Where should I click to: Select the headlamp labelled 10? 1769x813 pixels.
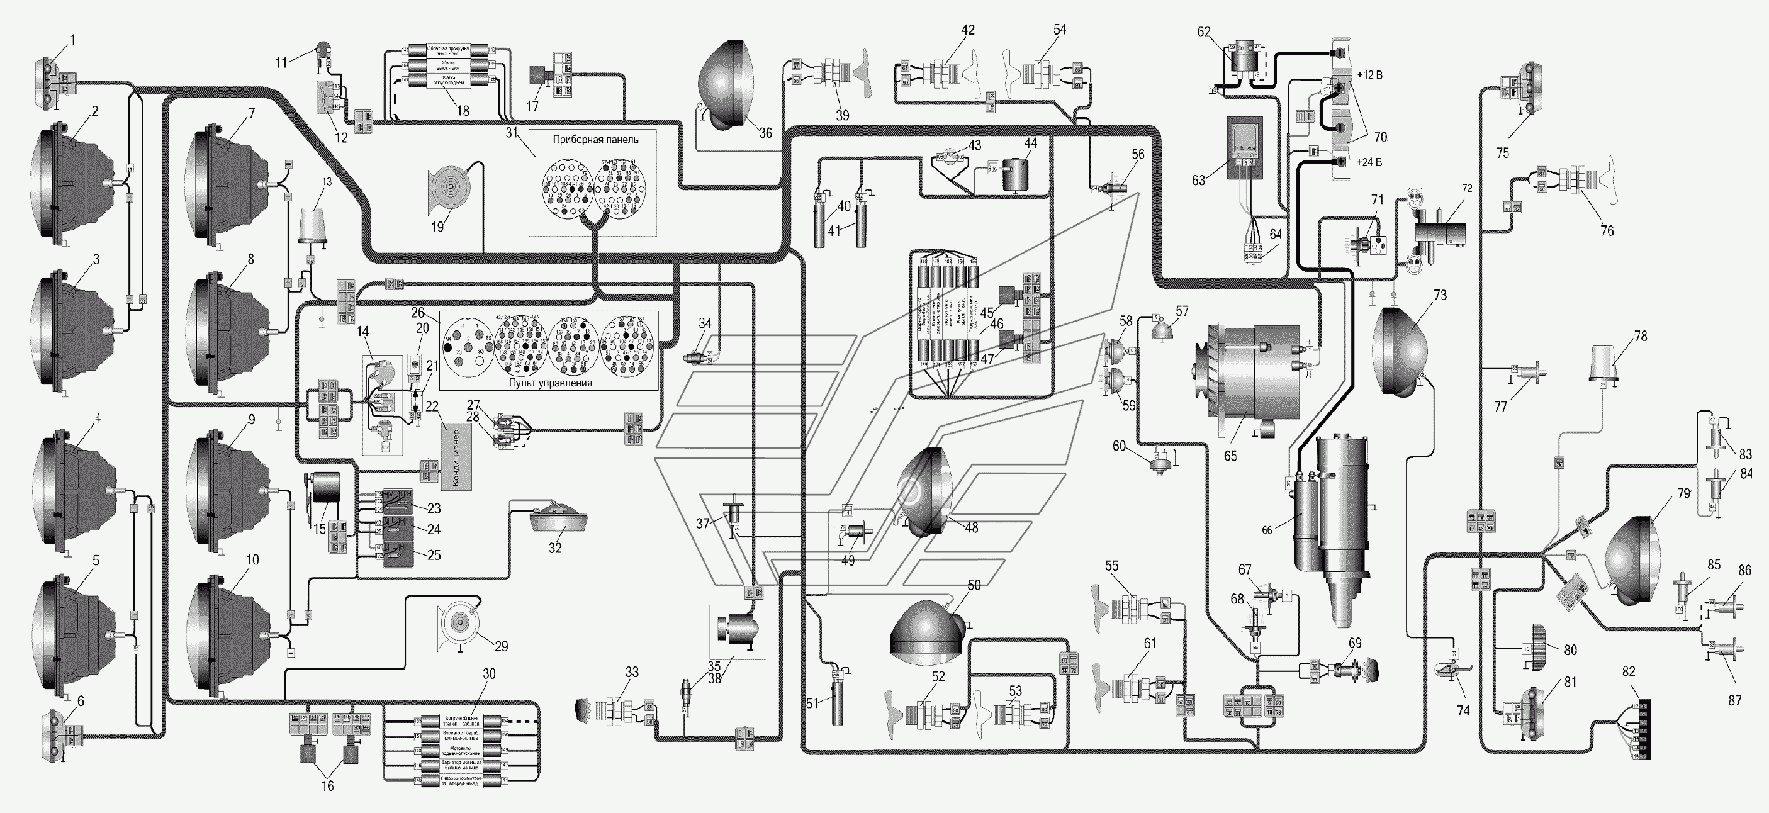point(230,635)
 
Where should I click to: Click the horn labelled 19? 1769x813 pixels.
point(449,190)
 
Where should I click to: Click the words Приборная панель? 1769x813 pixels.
point(595,140)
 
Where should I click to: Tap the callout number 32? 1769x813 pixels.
point(555,548)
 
